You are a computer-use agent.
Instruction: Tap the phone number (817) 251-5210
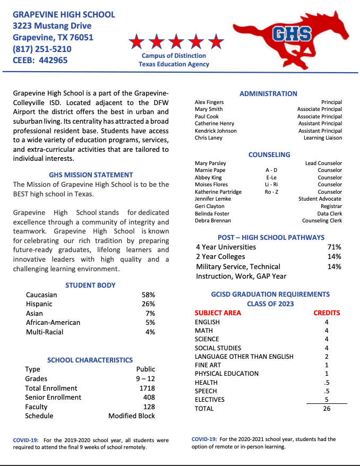(x=42, y=49)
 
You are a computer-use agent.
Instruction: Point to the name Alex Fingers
(x=209, y=102)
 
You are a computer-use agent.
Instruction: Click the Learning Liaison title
(x=322, y=137)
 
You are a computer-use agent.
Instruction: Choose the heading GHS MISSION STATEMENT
(x=91, y=175)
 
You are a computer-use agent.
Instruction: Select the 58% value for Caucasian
(x=148, y=295)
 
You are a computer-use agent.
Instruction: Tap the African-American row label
(x=53, y=322)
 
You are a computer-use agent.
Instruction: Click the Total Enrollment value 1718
(x=147, y=388)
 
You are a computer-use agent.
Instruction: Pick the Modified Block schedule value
(x=132, y=416)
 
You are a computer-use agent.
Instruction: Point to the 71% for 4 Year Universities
(x=335, y=247)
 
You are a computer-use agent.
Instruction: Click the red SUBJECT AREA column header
(x=218, y=313)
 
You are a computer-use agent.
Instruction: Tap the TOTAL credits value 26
(x=327, y=409)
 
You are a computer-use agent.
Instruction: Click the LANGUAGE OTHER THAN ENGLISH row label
(x=244, y=356)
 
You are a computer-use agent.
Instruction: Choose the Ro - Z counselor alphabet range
(x=271, y=192)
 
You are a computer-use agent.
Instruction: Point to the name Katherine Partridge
(x=218, y=192)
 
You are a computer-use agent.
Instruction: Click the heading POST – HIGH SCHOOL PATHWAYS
(x=271, y=237)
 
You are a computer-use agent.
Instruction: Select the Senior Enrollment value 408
(x=149, y=397)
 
